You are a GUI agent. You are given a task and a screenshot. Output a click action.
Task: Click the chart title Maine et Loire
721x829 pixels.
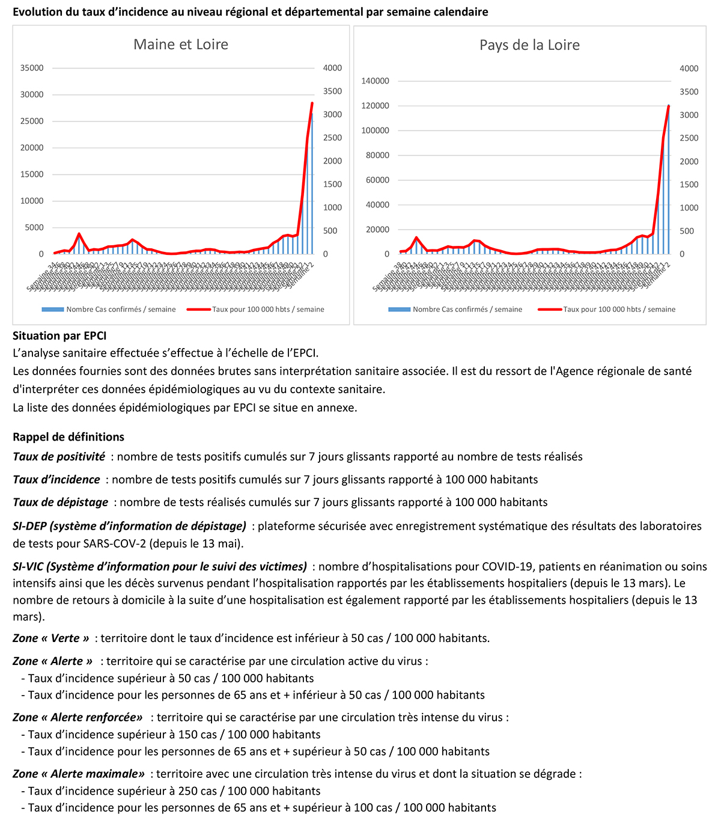[181, 44]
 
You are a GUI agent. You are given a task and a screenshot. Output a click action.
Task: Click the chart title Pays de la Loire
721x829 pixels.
[529, 45]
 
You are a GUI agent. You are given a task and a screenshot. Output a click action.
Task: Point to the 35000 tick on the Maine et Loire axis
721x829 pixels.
[32, 68]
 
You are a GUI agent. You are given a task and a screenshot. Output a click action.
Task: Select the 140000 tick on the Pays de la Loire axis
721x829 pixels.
[375, 81]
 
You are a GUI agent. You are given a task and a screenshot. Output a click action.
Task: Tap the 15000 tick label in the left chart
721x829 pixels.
[32, 174]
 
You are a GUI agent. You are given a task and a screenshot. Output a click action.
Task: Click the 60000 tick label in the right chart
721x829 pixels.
[377, 180]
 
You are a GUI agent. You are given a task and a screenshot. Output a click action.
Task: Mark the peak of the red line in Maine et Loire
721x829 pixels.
[312, 103]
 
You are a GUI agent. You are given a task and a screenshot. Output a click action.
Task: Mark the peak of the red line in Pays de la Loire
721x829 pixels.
[669, 106]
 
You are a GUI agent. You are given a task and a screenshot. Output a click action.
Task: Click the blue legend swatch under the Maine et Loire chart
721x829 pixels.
[53, 310]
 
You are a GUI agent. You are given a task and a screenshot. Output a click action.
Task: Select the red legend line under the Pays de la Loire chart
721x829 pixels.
[549, 310]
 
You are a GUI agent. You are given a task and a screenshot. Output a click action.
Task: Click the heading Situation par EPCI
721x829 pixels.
[59, 335]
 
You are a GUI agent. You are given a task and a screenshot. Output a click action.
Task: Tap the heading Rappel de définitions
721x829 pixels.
[68, 437]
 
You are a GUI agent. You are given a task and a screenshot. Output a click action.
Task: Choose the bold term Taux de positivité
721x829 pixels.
[59, 457]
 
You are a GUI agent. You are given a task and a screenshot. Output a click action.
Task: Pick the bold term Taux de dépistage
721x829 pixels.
[61, 503]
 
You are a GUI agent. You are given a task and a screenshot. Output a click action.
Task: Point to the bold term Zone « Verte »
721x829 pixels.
[51, 638]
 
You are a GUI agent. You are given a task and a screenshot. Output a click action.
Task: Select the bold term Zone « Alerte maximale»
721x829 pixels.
[79, 774]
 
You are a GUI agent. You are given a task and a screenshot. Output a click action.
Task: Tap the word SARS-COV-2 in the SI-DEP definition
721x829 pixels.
[174, 544]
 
